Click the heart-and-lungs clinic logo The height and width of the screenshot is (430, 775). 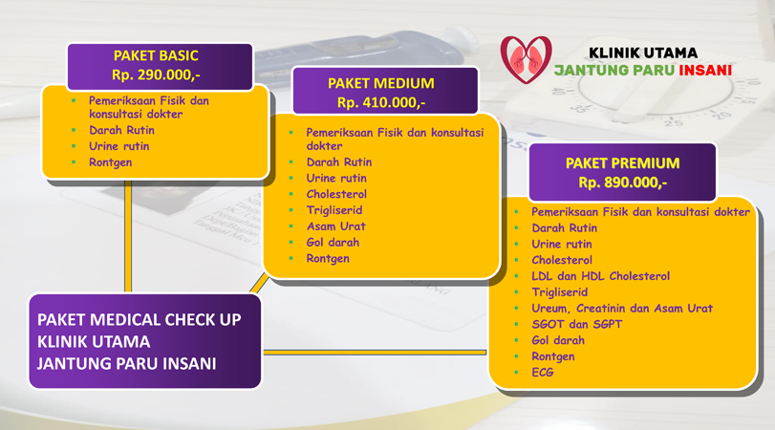[526, 59]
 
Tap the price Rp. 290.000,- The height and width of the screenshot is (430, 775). [156, 75]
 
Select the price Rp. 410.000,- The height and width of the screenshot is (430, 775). [381, 103]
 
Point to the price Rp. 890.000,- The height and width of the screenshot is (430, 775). [623, 183]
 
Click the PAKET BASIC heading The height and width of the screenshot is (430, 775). [156, 55]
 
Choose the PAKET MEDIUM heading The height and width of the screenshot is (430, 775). [381, 83]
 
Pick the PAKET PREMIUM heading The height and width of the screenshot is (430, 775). [623, 163]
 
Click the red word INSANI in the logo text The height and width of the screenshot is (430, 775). [705, 70]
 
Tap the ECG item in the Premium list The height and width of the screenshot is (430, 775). [543, 372]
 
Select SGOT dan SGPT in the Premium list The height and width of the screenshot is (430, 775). [577, 324]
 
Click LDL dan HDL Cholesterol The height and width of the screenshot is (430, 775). [600, 276]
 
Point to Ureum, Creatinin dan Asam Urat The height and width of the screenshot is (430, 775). [622, 309]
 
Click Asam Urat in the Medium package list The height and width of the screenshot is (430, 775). [336, 226]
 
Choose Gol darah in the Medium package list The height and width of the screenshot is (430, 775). [333, 242]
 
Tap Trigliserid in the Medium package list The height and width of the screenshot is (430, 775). [334, 210]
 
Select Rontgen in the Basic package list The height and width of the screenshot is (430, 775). [110, 162]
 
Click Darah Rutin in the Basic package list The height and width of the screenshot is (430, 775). [121, 130]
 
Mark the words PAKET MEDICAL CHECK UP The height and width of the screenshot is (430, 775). [140, 320]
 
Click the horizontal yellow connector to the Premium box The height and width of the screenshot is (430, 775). [375, 353]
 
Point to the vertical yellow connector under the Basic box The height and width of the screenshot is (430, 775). [128, 236]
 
